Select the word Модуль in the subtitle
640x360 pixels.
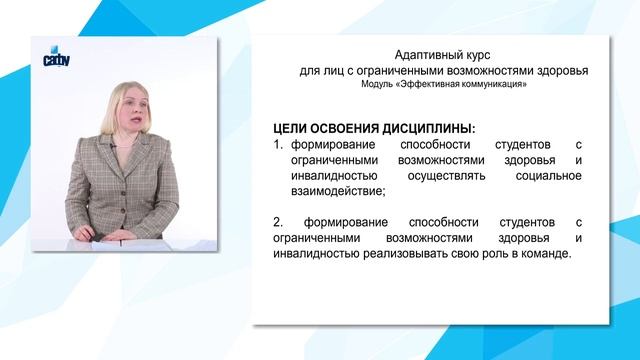pyautogui.click(x=380, y=85)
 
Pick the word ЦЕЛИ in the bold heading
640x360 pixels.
pyautogui.click(x=292, y=129)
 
